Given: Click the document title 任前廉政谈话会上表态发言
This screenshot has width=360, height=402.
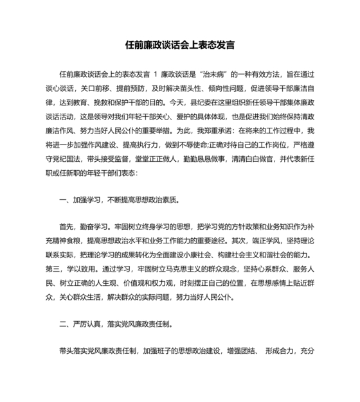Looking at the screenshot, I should pyautogui.click(x=179, y=46).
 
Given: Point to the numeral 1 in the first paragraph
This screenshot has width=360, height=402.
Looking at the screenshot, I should pyautogui.click(x=156, y=76).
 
